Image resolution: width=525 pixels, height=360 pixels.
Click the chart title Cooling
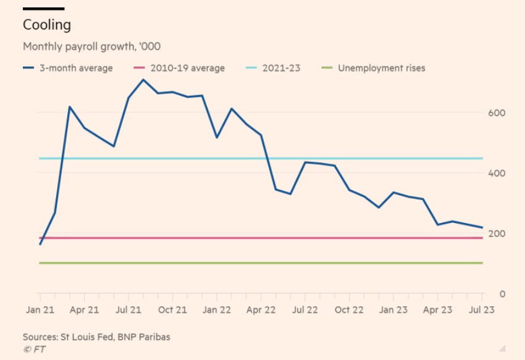click(x=47, y=25)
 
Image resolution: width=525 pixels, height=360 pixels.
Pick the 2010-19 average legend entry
click(x=180, y=68)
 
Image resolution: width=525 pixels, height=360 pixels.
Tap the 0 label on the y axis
click(x=502, y=294)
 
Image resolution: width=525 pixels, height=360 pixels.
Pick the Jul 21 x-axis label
click(x=128, y=310)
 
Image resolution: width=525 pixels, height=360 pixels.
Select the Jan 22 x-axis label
click(x=216, y=310)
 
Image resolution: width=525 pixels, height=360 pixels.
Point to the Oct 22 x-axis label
click(x=350, y=310)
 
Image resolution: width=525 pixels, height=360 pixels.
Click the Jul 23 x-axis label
click(x=482, y=310)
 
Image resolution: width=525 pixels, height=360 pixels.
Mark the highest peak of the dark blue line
click(x=143, y=80)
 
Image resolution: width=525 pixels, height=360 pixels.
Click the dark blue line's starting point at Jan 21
click(x=40, y=245)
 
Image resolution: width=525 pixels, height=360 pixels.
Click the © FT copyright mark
click(x=35, y=349)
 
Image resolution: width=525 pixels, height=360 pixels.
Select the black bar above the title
click(x=43, y=9)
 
